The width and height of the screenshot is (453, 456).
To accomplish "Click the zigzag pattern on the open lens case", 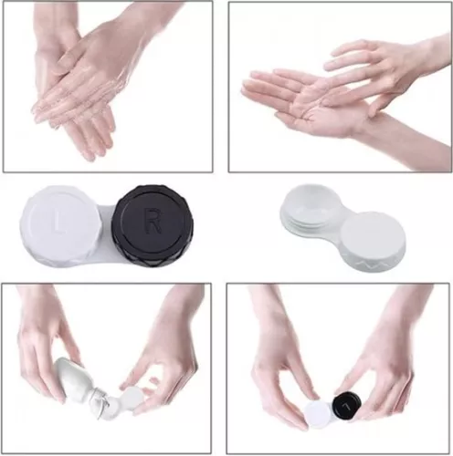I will pyautogui.click(x=378, y=260).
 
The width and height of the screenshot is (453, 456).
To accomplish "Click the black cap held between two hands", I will pyautogui.click(x=346, y=405).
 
